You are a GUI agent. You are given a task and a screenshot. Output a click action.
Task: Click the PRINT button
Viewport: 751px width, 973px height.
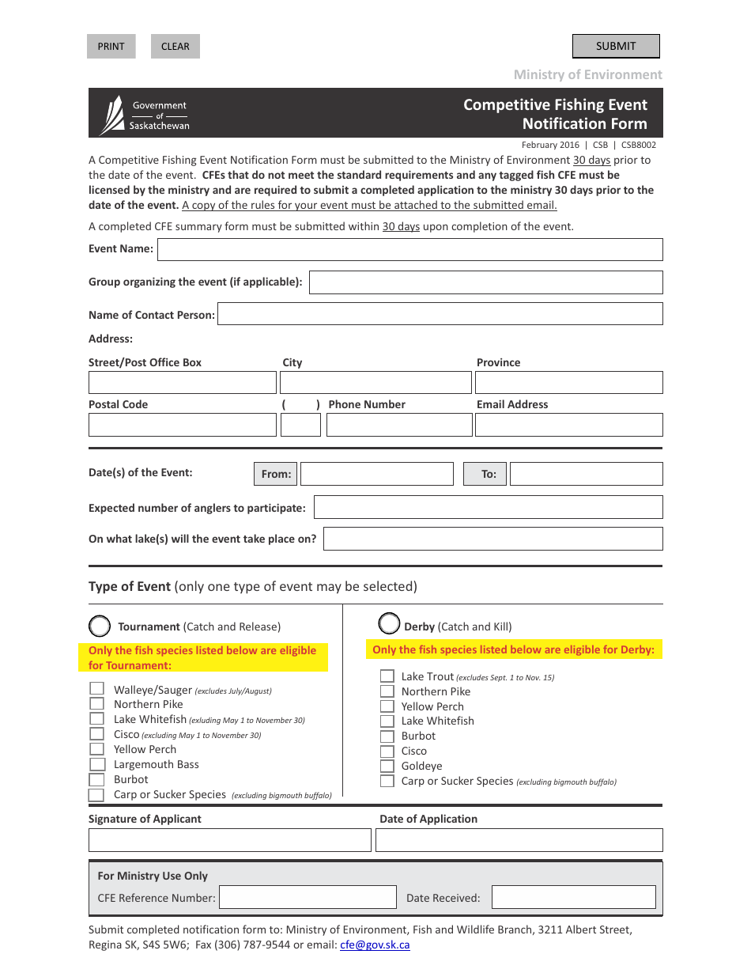pos(111,46)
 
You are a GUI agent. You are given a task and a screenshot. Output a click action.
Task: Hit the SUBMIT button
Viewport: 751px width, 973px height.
pos(616,46)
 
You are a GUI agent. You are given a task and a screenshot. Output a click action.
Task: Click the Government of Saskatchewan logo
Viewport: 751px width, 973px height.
pos(145,115)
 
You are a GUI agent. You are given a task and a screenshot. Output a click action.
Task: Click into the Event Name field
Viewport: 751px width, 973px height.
pos(409,250)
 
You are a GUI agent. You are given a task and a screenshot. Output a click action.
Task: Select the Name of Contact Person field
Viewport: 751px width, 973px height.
pos(440,314)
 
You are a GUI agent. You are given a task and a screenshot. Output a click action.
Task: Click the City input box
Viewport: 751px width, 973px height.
pos(375,383)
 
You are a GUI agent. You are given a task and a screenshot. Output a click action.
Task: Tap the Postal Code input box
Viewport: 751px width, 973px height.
pos(182,425)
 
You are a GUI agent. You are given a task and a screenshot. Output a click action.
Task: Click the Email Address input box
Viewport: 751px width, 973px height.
pos(568,425)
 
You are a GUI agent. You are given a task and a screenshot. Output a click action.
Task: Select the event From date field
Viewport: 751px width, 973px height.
pos(376,474)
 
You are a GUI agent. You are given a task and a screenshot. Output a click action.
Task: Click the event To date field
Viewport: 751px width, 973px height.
pos(586,474)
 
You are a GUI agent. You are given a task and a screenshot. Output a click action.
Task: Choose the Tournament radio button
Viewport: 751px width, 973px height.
pos(100,627)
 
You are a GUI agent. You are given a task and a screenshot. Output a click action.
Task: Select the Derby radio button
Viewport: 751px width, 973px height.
pos(389,624)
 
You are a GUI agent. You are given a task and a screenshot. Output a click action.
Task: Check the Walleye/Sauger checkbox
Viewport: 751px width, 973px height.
pos(97,689)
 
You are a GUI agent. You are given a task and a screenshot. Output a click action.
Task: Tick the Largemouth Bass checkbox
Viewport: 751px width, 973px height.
pos(97,764)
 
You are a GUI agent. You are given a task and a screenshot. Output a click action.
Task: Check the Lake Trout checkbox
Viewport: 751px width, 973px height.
pos(387,676)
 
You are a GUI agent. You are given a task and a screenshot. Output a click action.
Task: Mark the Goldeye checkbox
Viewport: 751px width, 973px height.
pos(387,766)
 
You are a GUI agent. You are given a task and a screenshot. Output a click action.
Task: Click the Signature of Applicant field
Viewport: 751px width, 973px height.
pos(229,840)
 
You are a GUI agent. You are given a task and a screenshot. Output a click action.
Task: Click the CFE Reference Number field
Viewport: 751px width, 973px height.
pos(308,897)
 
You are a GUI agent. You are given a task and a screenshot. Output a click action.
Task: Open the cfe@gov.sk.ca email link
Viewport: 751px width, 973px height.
pos(375,945)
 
